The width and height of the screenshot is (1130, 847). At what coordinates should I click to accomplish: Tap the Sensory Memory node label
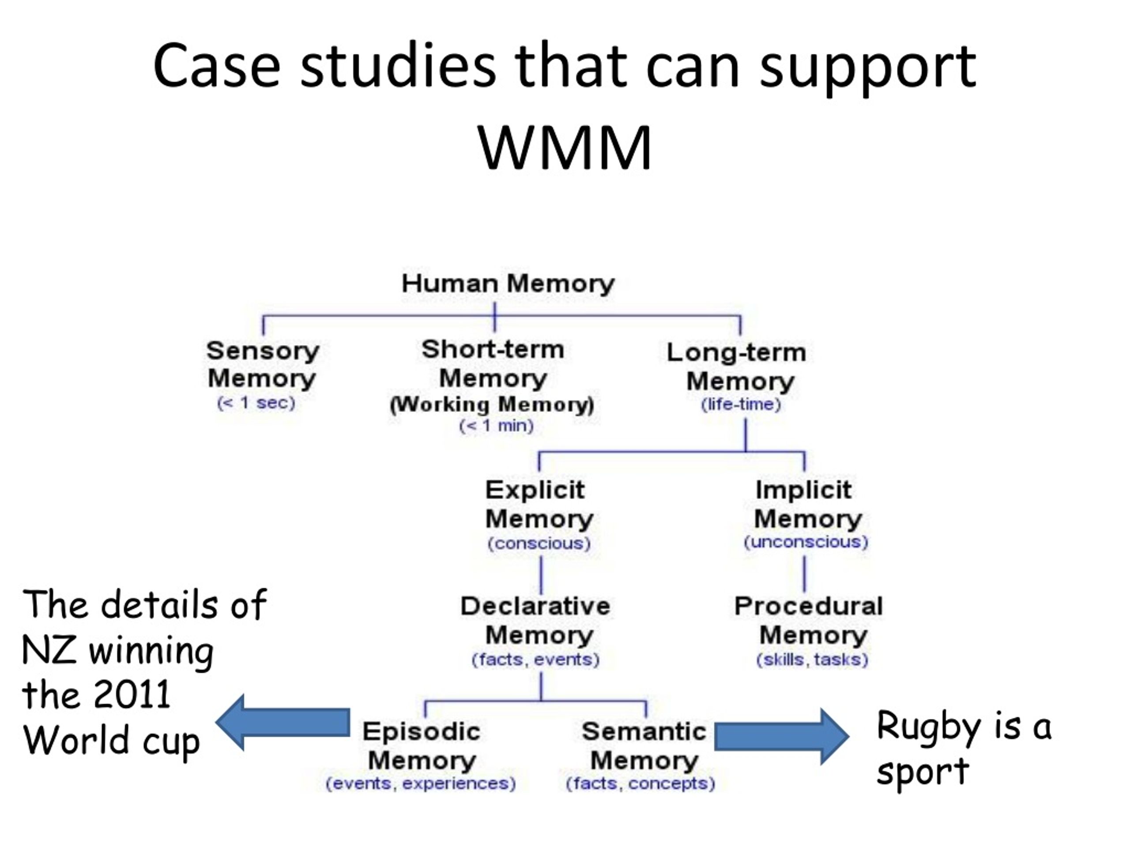263,364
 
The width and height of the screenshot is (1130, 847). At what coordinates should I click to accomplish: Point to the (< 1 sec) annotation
256,403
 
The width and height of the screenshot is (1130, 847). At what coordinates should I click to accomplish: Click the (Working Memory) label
492,405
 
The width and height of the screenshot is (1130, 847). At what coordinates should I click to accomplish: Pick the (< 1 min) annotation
496,425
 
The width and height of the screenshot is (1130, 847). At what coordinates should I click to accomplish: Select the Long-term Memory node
737,367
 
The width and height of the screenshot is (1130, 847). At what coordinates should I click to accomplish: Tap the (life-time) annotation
741,405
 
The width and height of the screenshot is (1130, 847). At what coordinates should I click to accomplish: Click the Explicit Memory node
539,504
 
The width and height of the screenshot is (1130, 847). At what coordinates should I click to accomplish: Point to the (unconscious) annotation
806,542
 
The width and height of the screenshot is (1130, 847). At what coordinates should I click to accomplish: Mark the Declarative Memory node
536,621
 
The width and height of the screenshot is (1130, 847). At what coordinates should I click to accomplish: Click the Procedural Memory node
809,621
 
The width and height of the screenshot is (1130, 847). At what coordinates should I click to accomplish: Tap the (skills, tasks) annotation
812,660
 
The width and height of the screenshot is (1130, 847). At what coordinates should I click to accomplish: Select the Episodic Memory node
422,746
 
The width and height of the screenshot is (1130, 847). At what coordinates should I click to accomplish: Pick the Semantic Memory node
644,746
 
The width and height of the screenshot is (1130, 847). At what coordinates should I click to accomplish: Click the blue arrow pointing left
283,723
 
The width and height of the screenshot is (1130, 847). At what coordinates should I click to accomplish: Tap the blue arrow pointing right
782,736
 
